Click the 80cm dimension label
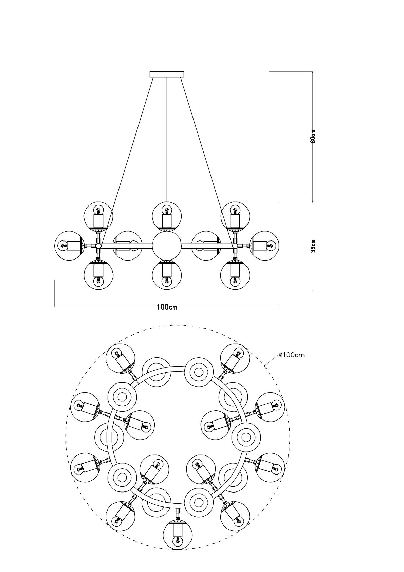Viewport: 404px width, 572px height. coord(313,137)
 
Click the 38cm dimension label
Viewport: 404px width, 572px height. coord(313,246)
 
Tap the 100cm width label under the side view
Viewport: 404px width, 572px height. coord(167,307)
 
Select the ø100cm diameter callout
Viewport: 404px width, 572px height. coord(291,355)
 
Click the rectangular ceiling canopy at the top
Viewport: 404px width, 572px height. coord(167,74)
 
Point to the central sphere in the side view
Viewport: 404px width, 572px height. coord(167,246)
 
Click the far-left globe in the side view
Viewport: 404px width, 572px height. coord(69,245)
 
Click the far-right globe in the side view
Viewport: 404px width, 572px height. coord(264,245)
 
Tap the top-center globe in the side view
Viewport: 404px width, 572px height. coord(167,216)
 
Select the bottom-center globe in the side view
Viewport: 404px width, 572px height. coord(167,275)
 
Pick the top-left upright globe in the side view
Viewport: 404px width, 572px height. coord(98,216)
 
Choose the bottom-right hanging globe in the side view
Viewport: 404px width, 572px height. coord(235,275)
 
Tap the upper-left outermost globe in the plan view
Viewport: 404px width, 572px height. coord(121,359)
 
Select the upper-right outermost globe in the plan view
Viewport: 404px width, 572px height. coord(235,359)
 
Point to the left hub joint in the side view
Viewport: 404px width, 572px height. coord(98,246)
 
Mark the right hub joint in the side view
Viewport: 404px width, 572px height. coord(235,246)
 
